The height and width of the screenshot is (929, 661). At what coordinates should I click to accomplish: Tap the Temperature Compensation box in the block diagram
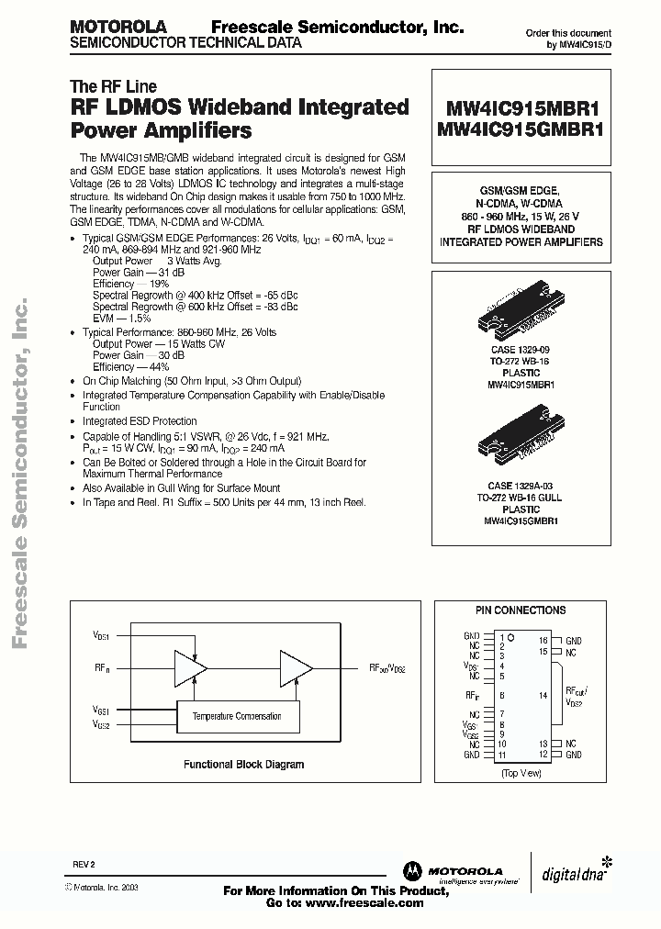[236, 716]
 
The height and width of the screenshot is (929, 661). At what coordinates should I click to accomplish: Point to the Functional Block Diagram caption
[243, 764]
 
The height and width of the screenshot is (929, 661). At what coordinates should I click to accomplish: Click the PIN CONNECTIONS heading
[520, 610]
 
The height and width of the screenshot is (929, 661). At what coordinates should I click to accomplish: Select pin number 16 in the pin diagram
[543, 640]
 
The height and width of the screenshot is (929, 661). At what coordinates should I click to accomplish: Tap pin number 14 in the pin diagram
[543, 696]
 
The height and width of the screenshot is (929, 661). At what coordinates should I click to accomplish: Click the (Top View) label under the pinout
[520, 774]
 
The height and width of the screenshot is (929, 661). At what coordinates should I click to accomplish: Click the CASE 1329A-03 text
[520, 485]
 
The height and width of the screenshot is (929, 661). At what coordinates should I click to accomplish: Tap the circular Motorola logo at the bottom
[409, 872]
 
